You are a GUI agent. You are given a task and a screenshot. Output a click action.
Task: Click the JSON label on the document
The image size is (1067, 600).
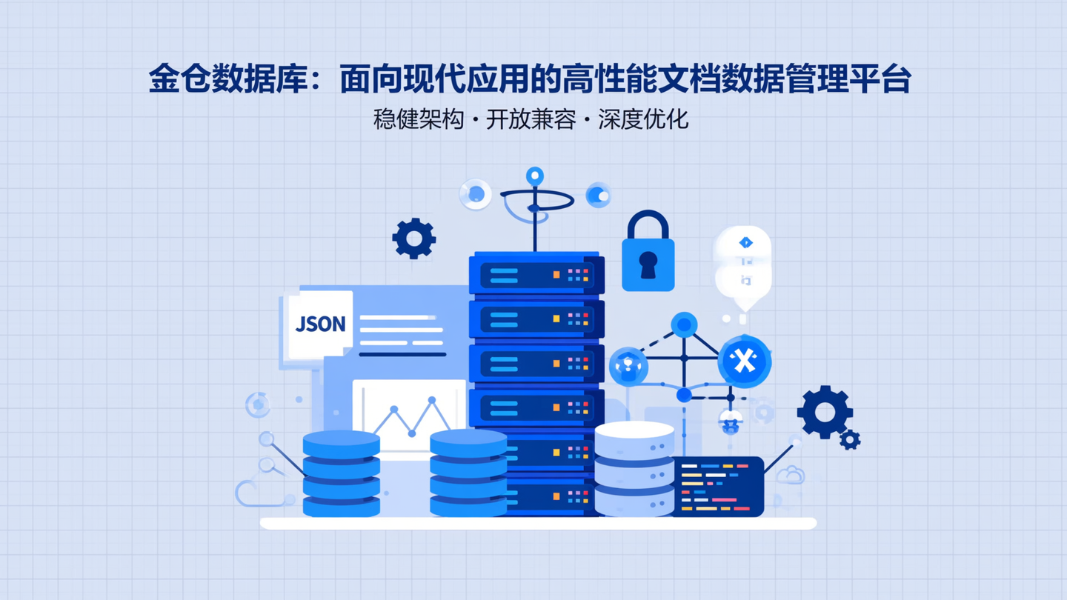(320, 324)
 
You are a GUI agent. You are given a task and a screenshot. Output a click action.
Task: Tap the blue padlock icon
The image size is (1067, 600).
(648, 253)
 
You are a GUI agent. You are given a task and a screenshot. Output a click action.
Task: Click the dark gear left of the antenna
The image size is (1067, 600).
(413, 239)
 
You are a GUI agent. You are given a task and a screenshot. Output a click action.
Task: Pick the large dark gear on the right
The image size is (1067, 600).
(824, 412)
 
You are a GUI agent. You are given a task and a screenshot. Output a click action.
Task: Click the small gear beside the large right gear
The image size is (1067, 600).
(850, 440)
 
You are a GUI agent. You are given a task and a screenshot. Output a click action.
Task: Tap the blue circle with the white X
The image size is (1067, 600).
(744, 361)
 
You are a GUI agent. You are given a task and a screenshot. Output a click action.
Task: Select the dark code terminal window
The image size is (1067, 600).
(717, 486)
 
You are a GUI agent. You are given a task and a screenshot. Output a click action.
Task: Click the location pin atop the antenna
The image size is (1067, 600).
(534, 176)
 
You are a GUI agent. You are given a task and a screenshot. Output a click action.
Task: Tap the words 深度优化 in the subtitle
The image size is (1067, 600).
(643, 119)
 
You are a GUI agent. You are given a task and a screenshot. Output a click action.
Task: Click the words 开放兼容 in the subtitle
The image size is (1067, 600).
(531, 119)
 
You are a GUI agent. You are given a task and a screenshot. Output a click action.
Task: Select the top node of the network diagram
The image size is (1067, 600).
(684, 324)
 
